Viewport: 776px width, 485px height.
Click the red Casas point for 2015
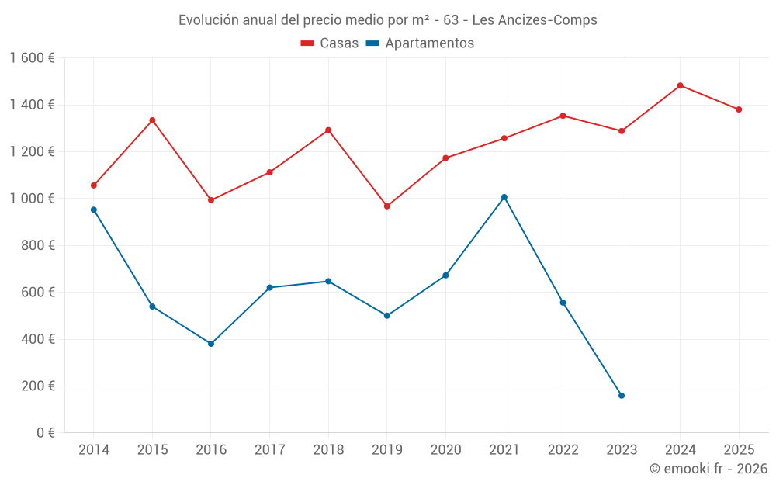[152, 120]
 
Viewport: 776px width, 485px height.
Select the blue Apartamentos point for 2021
[504, 197]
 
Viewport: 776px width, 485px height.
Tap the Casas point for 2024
[681, 85]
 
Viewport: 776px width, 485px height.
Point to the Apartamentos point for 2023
[622, 396]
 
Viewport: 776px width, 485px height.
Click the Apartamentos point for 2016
[211, 344]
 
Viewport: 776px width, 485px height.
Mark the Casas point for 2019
[387, 206]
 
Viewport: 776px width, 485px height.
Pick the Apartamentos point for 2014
[94, 210]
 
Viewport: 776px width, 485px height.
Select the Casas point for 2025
[739, 109]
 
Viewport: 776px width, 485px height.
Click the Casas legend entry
[330, 43]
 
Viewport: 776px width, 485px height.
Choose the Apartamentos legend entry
[420, 43]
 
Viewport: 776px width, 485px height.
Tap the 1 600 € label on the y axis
[32, 58]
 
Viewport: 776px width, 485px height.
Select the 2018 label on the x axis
[328, 450]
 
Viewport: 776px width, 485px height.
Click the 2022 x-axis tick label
[563, 450]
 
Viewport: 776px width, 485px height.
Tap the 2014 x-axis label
[94, 450]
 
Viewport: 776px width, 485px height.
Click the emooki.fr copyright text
[708, 469]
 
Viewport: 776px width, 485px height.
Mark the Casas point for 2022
[563, 116]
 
